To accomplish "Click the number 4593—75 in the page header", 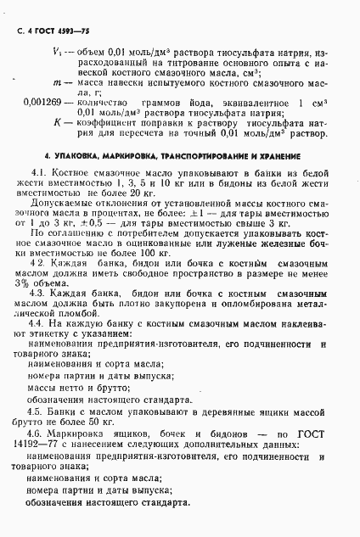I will pyautogui.click(x=76, y=31).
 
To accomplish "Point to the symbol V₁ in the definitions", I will pyautogui.click(x=56, y=53).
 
